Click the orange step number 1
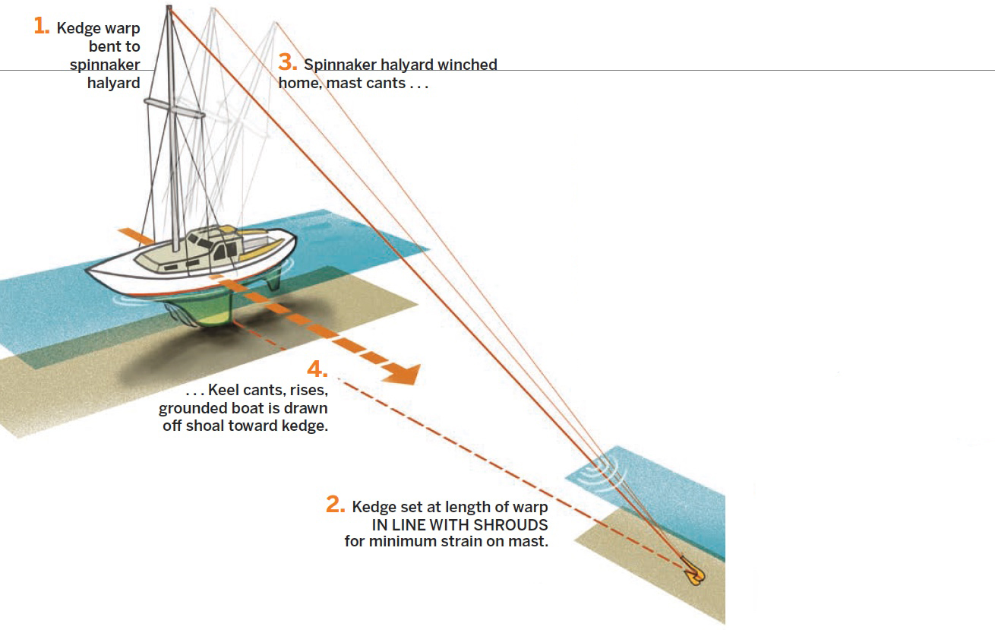pos(42,26)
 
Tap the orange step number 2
pos(335,505)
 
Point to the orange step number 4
pos(317,369)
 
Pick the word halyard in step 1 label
pos(114,83)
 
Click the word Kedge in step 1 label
pos(78,29)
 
